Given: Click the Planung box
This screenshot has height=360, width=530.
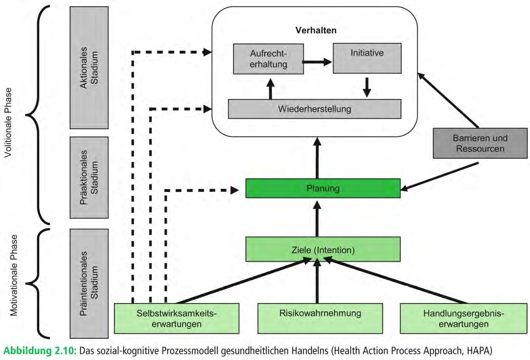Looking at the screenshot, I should pos(323,188).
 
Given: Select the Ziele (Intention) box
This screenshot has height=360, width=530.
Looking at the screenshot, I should pos(323,249).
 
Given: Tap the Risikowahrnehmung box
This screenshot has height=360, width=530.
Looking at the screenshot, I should pos(320,318).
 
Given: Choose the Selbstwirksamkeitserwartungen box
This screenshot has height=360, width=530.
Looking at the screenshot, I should pos(176,318).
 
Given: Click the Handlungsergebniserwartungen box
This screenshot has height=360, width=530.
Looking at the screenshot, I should pos(463,318).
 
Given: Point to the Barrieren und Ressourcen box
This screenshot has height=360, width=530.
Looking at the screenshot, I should pos(480,143).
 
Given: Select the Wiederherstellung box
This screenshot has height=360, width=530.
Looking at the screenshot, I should pos(315,109).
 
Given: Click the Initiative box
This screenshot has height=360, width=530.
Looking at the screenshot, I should pos(367,58).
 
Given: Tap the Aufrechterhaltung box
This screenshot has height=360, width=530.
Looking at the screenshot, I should pos(268,59).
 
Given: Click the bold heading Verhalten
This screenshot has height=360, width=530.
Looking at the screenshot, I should pos(316,30).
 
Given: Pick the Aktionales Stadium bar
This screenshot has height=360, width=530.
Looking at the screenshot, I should pos(89,68).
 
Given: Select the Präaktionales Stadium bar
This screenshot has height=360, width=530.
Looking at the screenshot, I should pos(89,177).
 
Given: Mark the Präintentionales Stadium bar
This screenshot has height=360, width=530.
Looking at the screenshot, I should pos(89,284).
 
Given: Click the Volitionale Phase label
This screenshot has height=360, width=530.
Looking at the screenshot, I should pos(8,123).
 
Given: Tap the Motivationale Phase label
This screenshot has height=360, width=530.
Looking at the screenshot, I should pos(14,275).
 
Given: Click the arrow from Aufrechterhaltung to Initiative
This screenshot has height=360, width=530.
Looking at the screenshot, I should pos(317,62).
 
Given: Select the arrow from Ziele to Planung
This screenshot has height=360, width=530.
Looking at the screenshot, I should pos(317,218).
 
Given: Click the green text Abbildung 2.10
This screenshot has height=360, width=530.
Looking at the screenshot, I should pos(40,351).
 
